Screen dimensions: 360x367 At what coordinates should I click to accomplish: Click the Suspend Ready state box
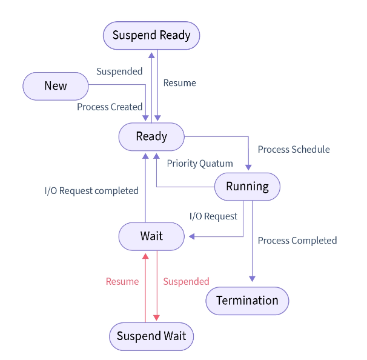pyautogui.click(x=151, y=35)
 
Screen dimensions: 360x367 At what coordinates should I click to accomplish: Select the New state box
pyautogui.click(x=56, y=86)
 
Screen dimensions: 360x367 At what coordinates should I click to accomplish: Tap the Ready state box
pyautogui.click(x=151, y=136)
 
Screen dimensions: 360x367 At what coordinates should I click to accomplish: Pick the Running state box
pyautogui.click(x=247, y=187)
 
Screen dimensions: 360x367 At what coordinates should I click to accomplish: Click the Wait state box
pyautogui.click(x=151, y=236)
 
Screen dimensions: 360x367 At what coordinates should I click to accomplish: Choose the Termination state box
pyautogui.click(x=247, y=301)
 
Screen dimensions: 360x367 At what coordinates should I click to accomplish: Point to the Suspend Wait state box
pyautogui.click(x=151, y=336)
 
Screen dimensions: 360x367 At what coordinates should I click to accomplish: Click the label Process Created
pyautogui.click(x=110, y=107)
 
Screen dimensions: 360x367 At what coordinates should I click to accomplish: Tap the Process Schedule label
pyautogui.click(x=294, y=150)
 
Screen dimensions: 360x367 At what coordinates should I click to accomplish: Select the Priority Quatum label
pyautogui.click(x=200, y=164)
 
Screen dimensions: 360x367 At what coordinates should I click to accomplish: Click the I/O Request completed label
pyautogui.click(x=91, y=191)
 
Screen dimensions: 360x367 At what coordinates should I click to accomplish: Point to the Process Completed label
pyautogui.click(x=297, y=241)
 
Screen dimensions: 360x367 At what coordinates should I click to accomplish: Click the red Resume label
pyautogui.click(x=122, y=282)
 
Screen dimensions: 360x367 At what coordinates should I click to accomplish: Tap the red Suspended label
pyautogui.click(x=186, y=282)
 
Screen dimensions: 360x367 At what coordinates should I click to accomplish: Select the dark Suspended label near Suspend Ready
pyautogui.click(x=119, y=72)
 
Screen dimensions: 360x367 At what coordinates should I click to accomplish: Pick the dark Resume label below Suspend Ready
pyautogui.click(x=180, y=83)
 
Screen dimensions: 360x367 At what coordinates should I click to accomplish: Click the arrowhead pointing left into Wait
pyautogui.click(x=190, y=236)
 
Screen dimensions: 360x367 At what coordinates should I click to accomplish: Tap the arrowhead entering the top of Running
pyautogui.click(x=248, y=168)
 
